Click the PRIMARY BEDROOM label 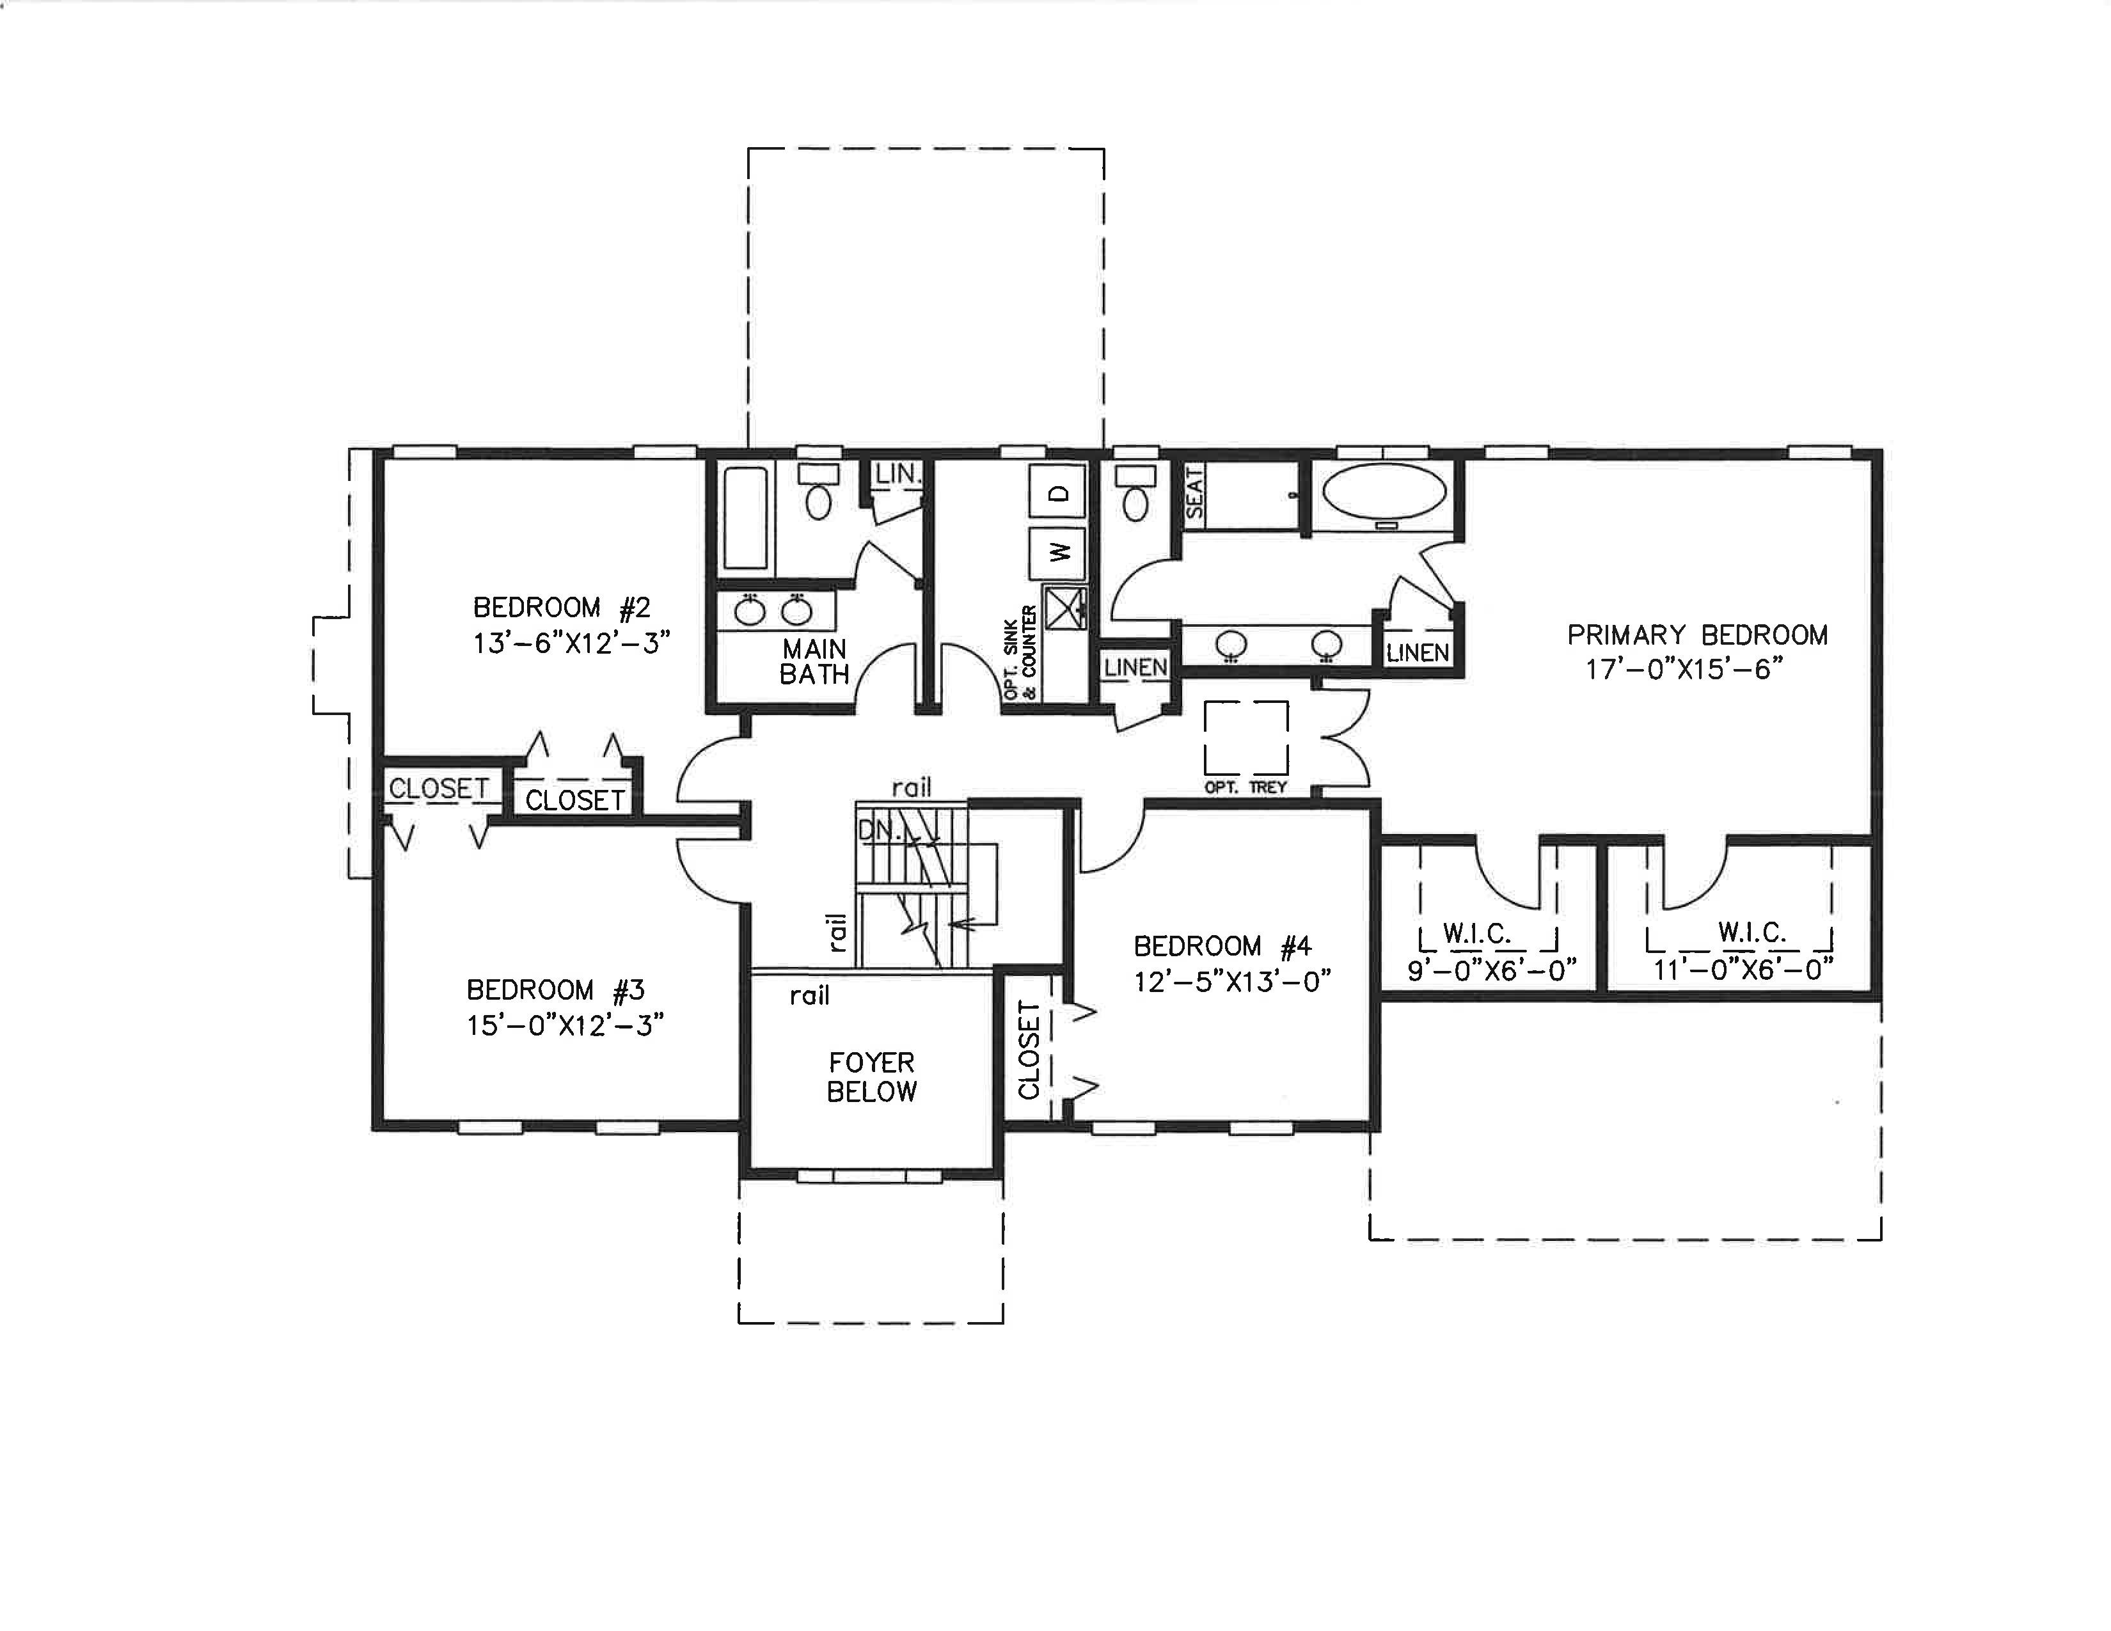1697,635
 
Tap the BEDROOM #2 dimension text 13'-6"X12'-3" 571,643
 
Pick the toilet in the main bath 819,490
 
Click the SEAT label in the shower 1195,492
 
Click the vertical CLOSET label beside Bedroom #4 1029,1050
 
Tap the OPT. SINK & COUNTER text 1020,653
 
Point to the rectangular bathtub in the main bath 746,519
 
